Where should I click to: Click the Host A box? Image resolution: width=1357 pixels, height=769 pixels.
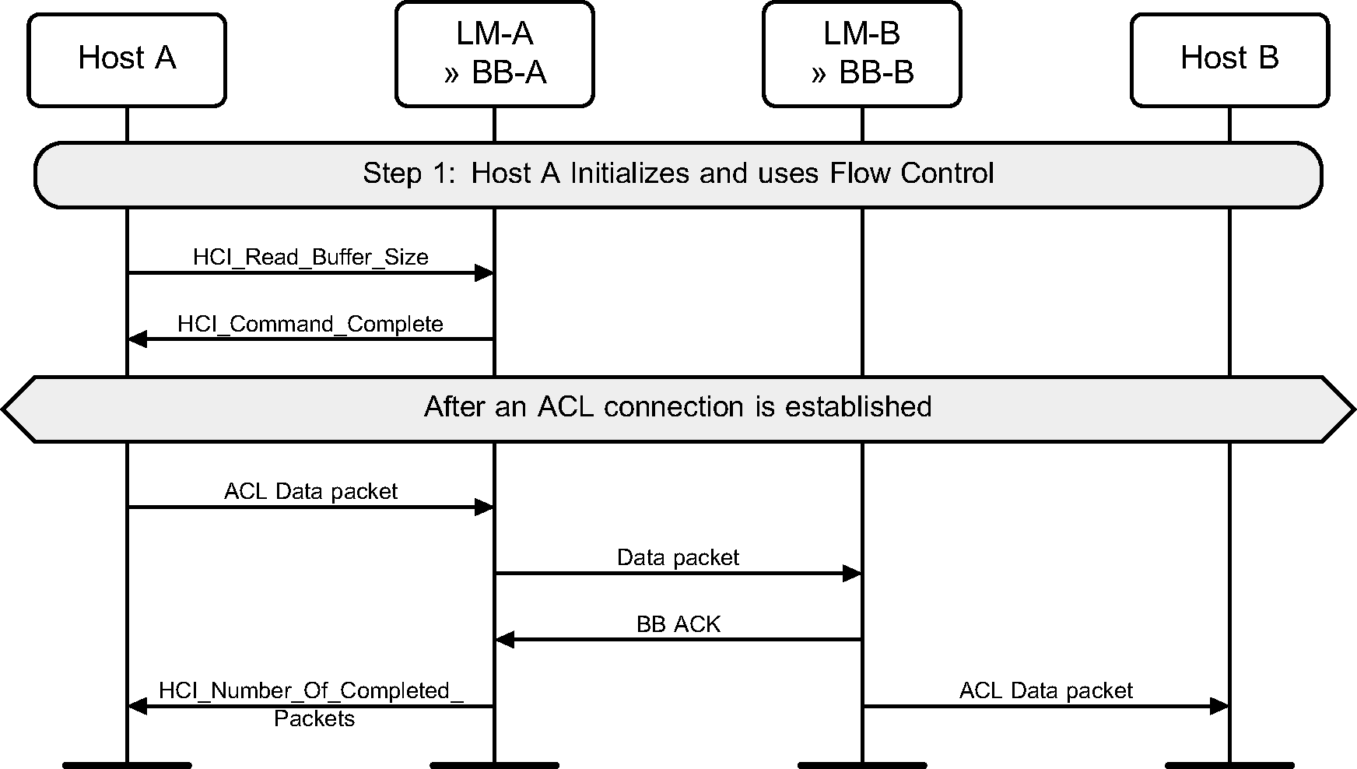(127, 59)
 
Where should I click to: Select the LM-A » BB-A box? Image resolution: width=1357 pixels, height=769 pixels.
(494, 54)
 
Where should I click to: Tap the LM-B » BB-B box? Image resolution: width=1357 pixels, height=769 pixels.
(861, 54)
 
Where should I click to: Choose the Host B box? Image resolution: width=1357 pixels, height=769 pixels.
(1229, 59)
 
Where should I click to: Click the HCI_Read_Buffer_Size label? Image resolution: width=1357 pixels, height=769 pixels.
(310, 258)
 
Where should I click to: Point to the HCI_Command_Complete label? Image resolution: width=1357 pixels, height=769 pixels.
(310, 324)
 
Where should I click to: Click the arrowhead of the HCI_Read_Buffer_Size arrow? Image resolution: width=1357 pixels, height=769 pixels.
(485, 272)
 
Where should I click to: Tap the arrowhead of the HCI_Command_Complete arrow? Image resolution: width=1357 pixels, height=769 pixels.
(137, 339)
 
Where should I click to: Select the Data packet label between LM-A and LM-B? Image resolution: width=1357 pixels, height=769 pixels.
(678, 557)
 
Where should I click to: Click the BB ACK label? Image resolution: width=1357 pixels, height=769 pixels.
(678, 624)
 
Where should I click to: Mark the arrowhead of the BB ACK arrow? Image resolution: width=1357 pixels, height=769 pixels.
(504, 640)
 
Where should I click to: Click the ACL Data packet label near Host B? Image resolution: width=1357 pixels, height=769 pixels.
(1046, 690)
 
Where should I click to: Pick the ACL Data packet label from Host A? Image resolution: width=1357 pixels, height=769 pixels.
(310, 491)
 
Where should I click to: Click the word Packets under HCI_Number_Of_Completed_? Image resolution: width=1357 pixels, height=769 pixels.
(314, 718)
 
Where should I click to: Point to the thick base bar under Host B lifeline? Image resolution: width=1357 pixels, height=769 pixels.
(1229, 765)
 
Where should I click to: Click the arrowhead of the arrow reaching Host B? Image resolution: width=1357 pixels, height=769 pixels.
(1220, 706)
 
